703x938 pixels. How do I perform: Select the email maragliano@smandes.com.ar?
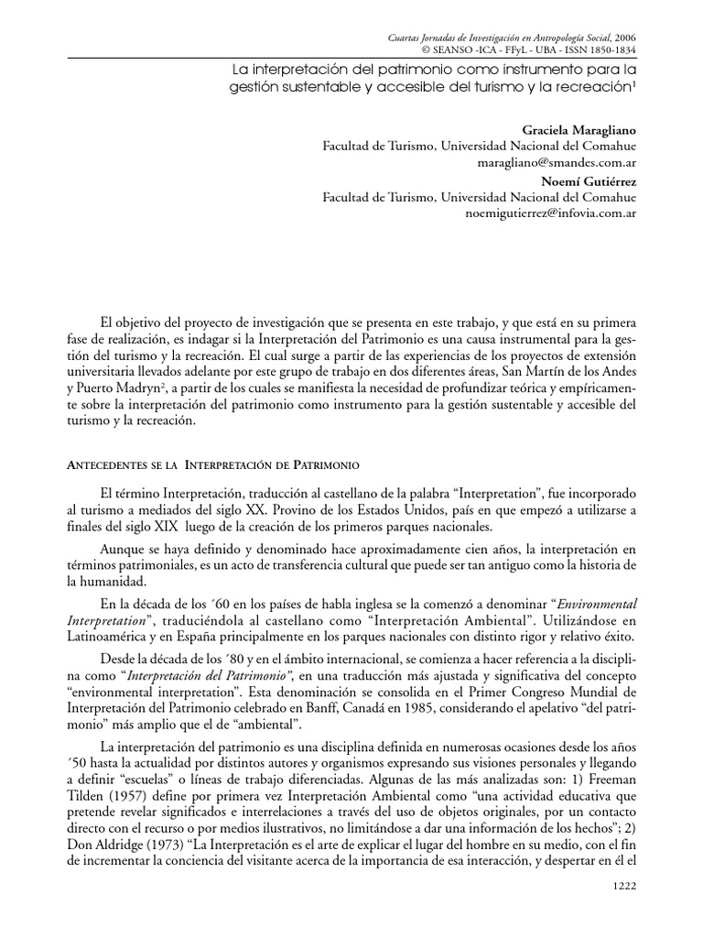click(x=558, y=160)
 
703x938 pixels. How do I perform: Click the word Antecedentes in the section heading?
click(x=107, y=465)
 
